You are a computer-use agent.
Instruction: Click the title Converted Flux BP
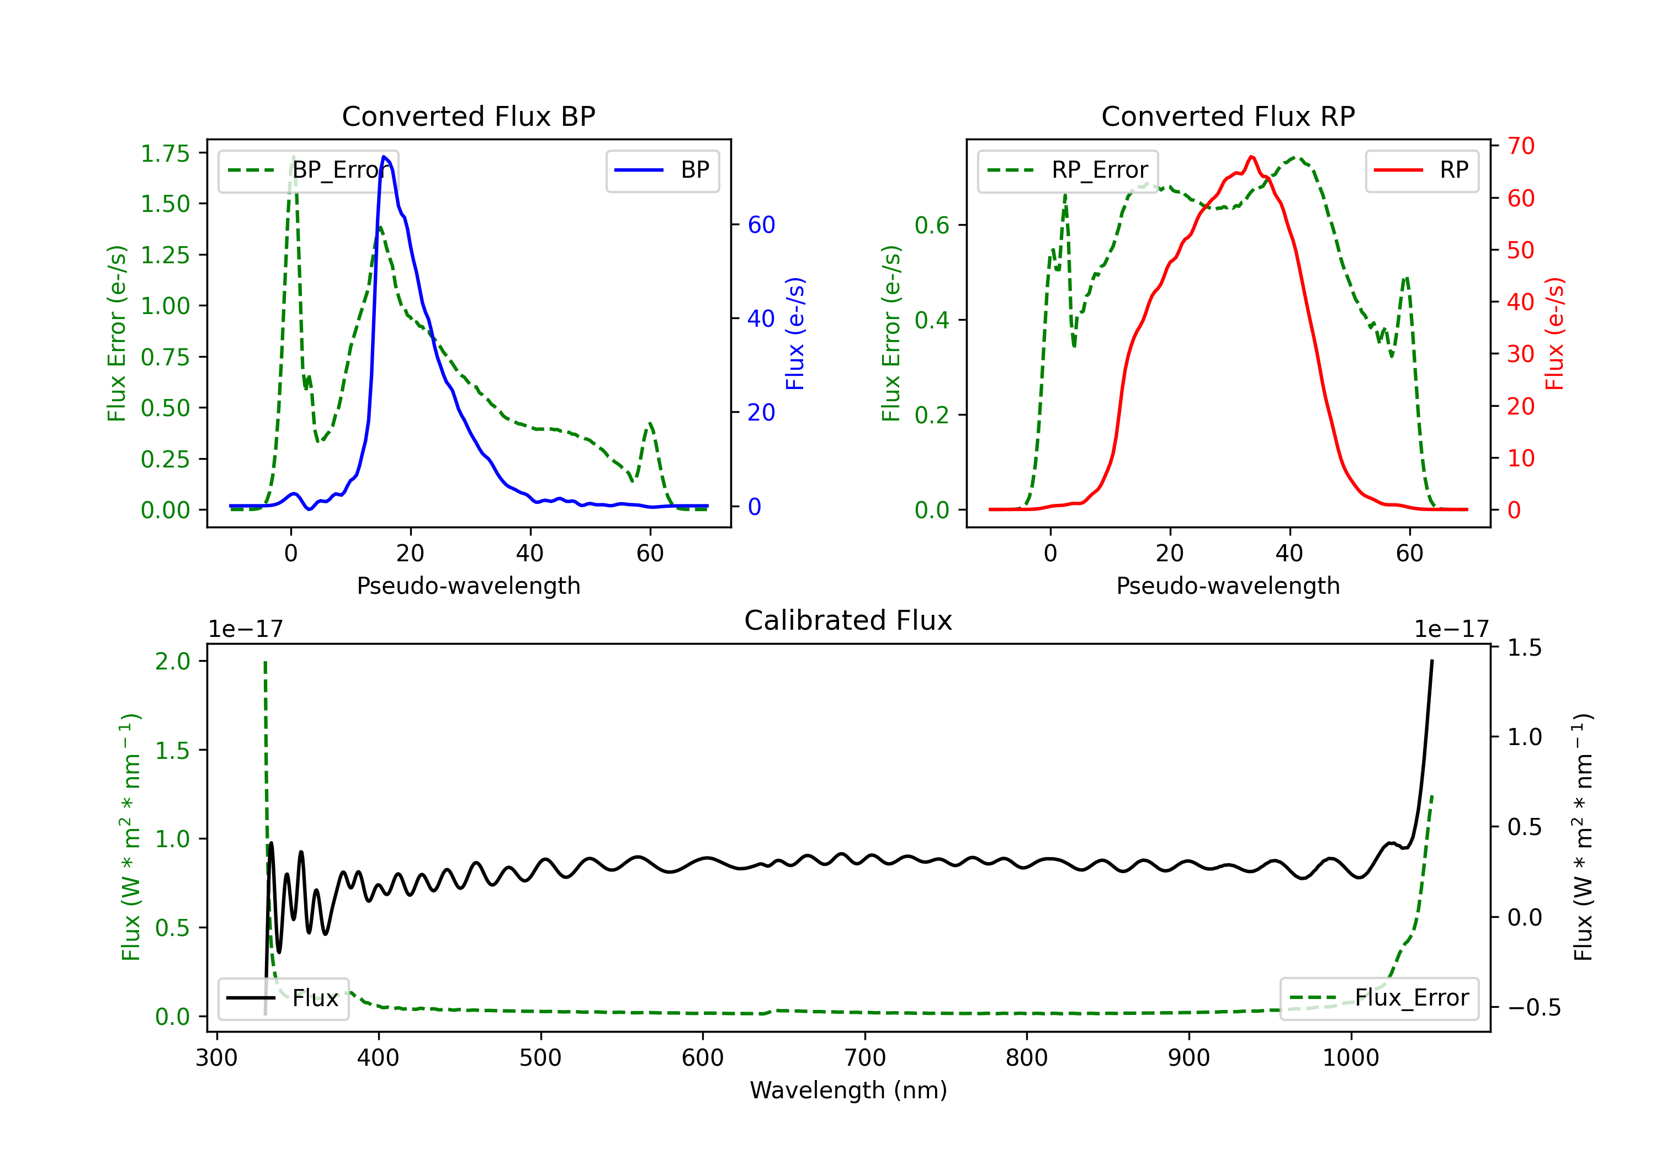(468, 116)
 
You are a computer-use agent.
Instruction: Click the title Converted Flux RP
(1228, 116)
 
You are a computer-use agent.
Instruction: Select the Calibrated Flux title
(848, 620)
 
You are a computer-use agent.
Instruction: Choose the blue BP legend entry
(662, 170)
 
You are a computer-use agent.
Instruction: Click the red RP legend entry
(1421, 170)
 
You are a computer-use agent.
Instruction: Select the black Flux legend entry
(283, 998)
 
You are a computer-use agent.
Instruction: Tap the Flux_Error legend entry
(1379, 998)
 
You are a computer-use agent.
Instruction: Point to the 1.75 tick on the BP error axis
(165, 153)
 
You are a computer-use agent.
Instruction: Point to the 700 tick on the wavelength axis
(865, 1058)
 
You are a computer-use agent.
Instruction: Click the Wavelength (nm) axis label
(848, 1091)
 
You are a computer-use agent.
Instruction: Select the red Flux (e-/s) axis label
(1555, 334)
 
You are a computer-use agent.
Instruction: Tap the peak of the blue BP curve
(384, 157)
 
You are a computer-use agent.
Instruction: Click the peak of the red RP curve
(1251, 157)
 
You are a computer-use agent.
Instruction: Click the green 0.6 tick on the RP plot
(932, 225)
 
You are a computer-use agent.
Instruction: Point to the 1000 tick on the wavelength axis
(1351, 1058)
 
